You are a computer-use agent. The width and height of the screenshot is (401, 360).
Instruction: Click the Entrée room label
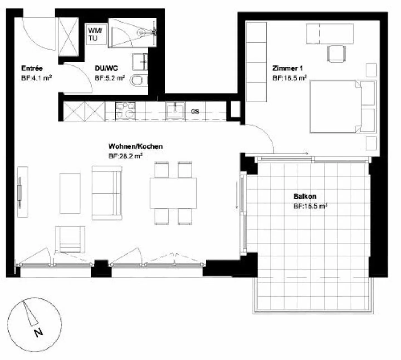point(32,68)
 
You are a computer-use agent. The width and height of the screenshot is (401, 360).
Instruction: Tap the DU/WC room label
point(106,68)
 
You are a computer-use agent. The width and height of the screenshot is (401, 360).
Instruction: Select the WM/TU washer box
point(95,34)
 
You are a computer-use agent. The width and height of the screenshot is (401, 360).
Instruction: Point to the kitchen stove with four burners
point(125,111)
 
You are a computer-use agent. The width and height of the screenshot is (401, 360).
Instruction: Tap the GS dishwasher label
point(195,111)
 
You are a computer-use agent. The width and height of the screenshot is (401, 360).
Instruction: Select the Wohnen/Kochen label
point(135,146)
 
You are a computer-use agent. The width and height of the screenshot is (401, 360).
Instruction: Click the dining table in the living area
point(173,193)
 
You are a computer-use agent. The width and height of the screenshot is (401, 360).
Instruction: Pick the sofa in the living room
point(107,193)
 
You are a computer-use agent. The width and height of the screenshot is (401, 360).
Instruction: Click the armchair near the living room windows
point(70,239)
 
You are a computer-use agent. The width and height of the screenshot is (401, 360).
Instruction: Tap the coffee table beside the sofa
point(70,193)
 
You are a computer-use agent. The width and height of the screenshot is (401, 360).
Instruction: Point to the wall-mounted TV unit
point(22,192)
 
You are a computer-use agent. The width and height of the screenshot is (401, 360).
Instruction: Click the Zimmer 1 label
point(287,68)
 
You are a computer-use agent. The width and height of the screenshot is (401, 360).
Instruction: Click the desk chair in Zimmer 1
point(337,53)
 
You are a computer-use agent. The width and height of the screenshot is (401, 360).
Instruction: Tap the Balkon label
point(305,196)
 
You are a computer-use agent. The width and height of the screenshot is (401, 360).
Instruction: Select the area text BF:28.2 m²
point(125,156)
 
